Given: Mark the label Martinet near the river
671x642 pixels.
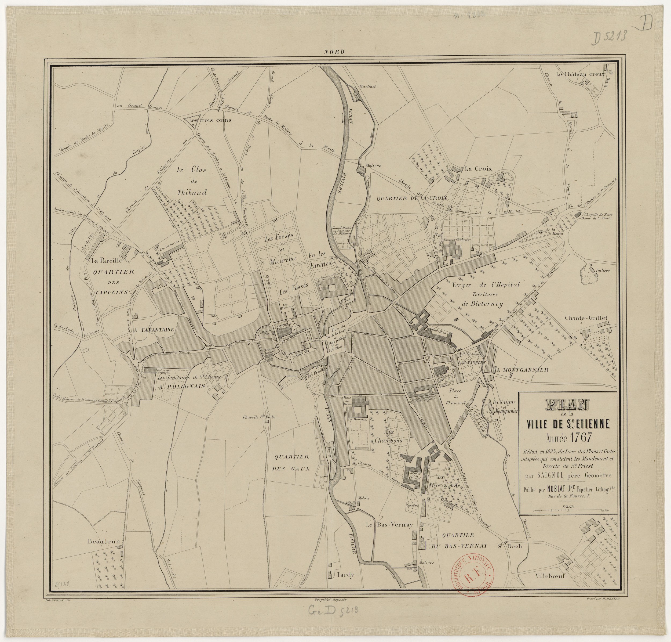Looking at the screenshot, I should point(367,87).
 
